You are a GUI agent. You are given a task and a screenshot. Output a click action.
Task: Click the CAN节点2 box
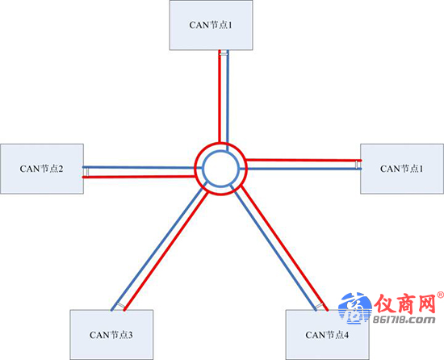[42, 169]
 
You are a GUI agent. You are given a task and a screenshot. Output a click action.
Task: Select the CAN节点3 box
[111, 335]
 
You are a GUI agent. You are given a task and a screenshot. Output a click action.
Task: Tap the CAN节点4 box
[327, 335]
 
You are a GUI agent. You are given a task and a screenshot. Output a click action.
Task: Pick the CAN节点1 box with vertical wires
[211, 25]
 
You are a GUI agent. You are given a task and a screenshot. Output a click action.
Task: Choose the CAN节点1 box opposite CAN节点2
[402, 169]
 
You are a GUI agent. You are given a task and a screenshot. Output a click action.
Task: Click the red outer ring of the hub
[221, 143]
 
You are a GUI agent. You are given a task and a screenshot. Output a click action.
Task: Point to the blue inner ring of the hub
[221, 152]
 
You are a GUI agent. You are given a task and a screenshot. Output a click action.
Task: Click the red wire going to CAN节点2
[139, 177]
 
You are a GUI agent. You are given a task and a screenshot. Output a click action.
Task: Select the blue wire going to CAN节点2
[142, 168]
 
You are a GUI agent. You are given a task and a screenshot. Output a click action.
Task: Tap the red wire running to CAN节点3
[166, 251]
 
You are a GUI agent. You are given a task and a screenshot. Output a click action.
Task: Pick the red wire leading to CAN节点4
[284, 248]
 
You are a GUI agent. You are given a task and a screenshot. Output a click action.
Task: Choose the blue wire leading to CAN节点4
[273, 248]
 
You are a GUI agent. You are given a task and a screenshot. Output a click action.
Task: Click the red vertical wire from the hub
[220, 96]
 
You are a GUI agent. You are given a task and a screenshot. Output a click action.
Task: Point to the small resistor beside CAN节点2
[87, 172]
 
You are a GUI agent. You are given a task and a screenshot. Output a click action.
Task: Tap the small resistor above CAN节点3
[120, 306]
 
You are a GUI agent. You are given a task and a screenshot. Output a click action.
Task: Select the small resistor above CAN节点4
[320, 306]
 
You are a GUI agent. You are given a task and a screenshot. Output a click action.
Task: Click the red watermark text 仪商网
[404, 304]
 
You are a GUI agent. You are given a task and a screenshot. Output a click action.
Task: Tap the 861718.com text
[404, 320]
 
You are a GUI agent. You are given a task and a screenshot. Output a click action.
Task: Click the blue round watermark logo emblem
[355, 308]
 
